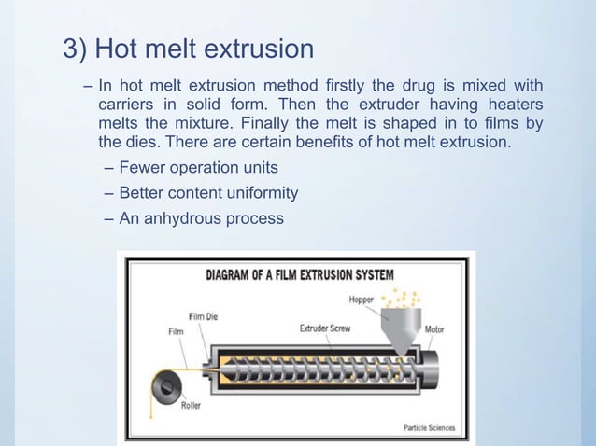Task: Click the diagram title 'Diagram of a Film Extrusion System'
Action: tap(299, 275)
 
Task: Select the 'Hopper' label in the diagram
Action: tap(362, 300)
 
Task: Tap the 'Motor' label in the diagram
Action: tap(434, 328)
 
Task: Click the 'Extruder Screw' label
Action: tap(326, 328)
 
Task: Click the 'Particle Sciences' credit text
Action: tap(429, 428)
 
